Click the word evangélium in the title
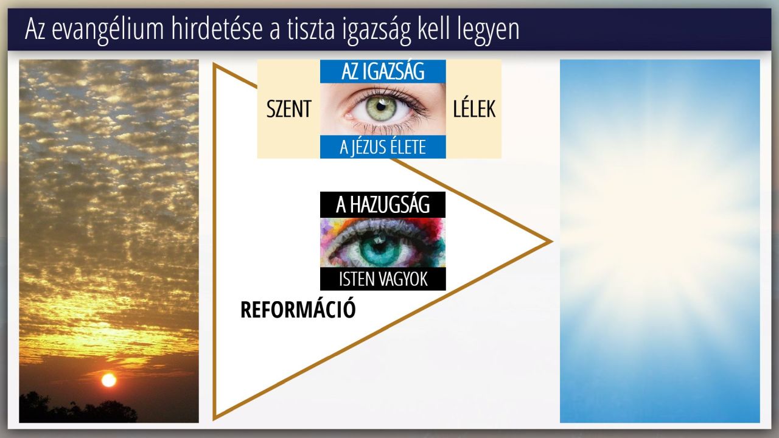pyautogui.click(x=108, y=30)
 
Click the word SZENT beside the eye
pyautogui.click(x=288, y=109)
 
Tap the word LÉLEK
pyautogui.click(x=474, y=108)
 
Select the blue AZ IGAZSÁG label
pyautogui.click(x=383, y=71)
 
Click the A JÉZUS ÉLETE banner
pyautogui.click(x=383, y=147)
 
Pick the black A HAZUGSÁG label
pyautogui.click(x=383, y=205)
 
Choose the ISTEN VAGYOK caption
pyautogui.click(x=383, y=279)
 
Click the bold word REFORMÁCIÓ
pyautogui.click(x=298, y=310)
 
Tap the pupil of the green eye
pyautogui.click(x=381, y=106)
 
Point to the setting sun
pyautogui.click(x=109, y=380)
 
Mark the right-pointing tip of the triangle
pyautogui.click(x=551, y=242)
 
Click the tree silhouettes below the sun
pyautogui.click(x=79, y=408)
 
